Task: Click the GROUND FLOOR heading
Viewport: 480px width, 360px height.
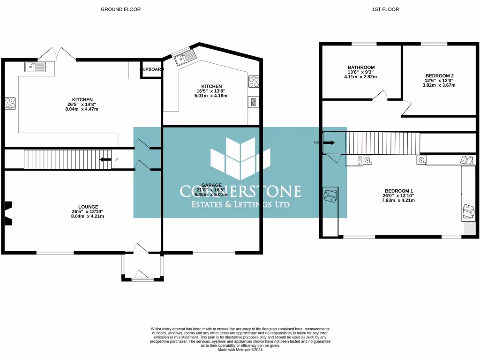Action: coord(120,9)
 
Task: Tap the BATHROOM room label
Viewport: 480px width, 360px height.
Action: coord(361,67)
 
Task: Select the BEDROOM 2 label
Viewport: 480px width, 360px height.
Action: coord(439,75)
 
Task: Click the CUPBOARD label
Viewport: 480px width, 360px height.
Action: coord(152,69)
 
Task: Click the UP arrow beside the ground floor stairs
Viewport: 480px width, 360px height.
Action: coord(106,159)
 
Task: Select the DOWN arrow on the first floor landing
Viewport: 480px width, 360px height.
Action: coord(329,142)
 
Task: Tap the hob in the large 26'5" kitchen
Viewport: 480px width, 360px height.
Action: coord(10,103)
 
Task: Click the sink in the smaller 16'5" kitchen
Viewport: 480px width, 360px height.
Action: coord(184,58)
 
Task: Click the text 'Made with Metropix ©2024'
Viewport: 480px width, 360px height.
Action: coord(240,349)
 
